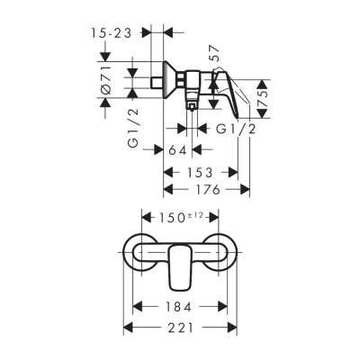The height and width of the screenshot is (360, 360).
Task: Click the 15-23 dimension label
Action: (x=115, y=31)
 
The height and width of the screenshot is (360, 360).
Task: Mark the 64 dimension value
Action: (x=177, y=149)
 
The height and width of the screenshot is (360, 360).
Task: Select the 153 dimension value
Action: (x=199, y=171)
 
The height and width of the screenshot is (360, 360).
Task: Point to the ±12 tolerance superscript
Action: (x=196, y=214)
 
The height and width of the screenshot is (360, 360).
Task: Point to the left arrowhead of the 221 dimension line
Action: (x=126, y=328)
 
